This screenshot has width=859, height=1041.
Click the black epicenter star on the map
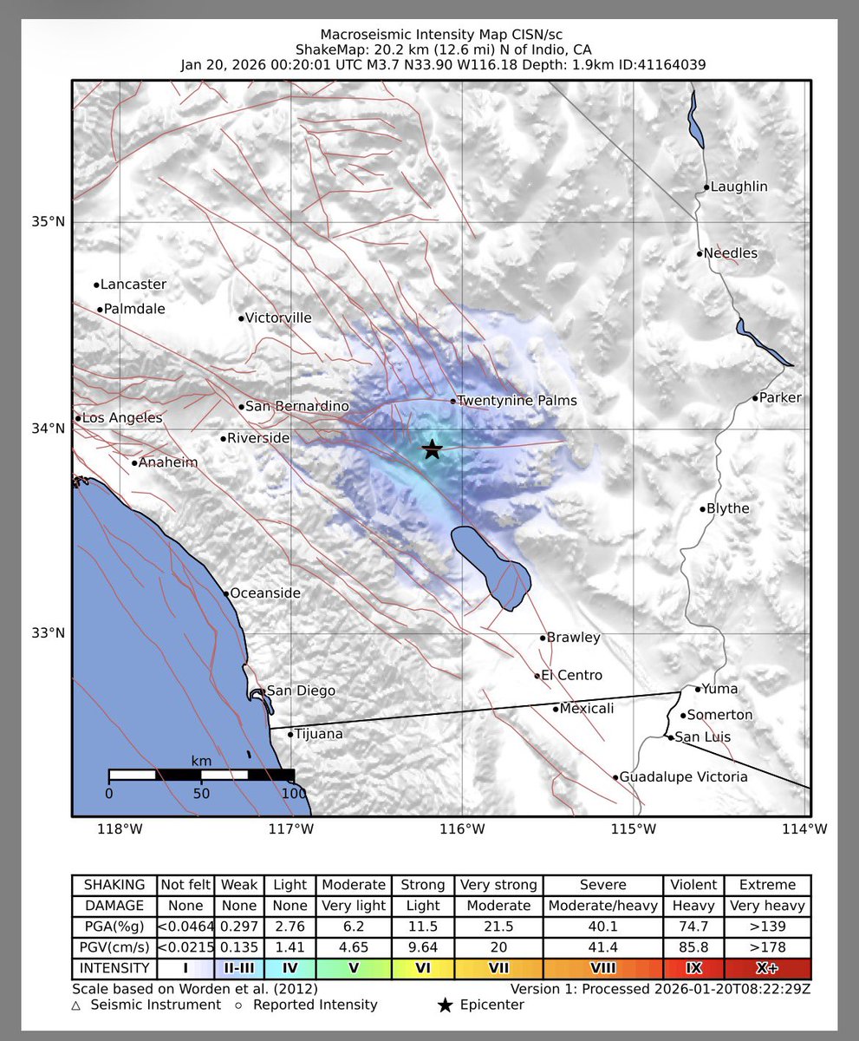(x=433, y=449)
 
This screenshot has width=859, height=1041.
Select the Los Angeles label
(x=122, y=418)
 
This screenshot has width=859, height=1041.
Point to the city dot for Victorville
(x=242, y=318)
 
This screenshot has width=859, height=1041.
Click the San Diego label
(x=301, y=691)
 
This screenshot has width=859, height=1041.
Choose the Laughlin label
(x=739, y=187)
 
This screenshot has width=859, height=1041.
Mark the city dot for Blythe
(x=703, y=509)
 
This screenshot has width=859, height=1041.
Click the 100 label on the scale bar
(x=295, y=793)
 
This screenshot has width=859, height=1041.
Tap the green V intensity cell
(x=353, y=968)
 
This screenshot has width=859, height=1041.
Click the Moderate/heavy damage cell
(x=603, y=906)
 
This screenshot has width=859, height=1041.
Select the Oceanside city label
(x=265, y=593)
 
